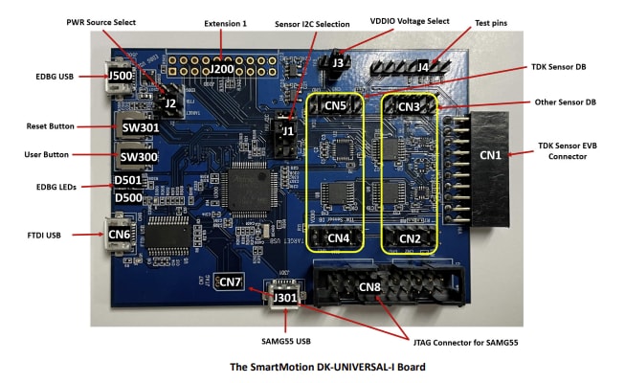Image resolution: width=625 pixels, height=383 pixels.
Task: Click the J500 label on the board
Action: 121,77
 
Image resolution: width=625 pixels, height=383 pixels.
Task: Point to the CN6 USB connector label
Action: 120,233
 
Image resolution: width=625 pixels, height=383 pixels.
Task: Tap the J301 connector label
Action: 285,297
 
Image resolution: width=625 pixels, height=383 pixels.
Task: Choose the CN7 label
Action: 231,282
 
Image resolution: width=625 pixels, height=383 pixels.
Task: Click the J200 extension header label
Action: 222,69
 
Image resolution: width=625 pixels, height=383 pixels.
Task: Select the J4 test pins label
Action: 423,67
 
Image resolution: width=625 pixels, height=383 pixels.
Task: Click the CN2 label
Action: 410,237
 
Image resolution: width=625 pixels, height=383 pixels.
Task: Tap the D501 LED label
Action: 127,181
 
